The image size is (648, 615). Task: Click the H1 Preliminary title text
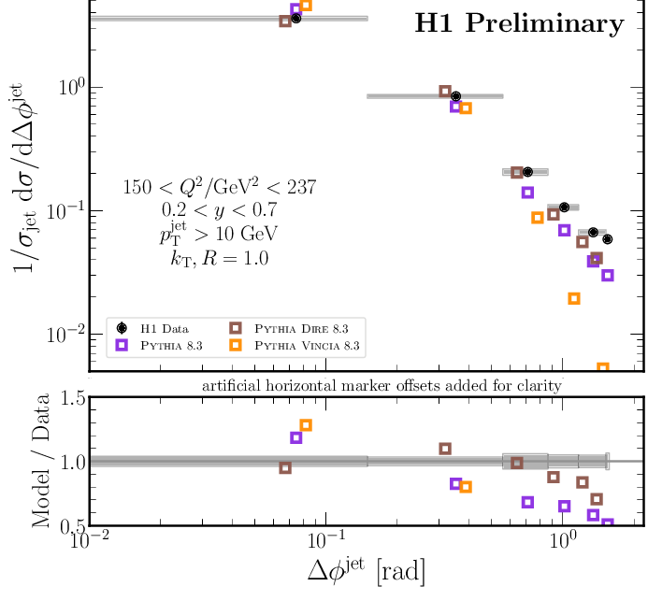519,23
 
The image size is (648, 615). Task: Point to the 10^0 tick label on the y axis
62,88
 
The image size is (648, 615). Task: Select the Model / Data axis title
42,463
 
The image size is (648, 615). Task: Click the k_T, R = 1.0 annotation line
214,258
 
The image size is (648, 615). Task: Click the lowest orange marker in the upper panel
603,369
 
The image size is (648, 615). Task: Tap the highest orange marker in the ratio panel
306,425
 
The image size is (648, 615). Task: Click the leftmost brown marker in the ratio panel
285,467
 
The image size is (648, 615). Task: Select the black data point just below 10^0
455,96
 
